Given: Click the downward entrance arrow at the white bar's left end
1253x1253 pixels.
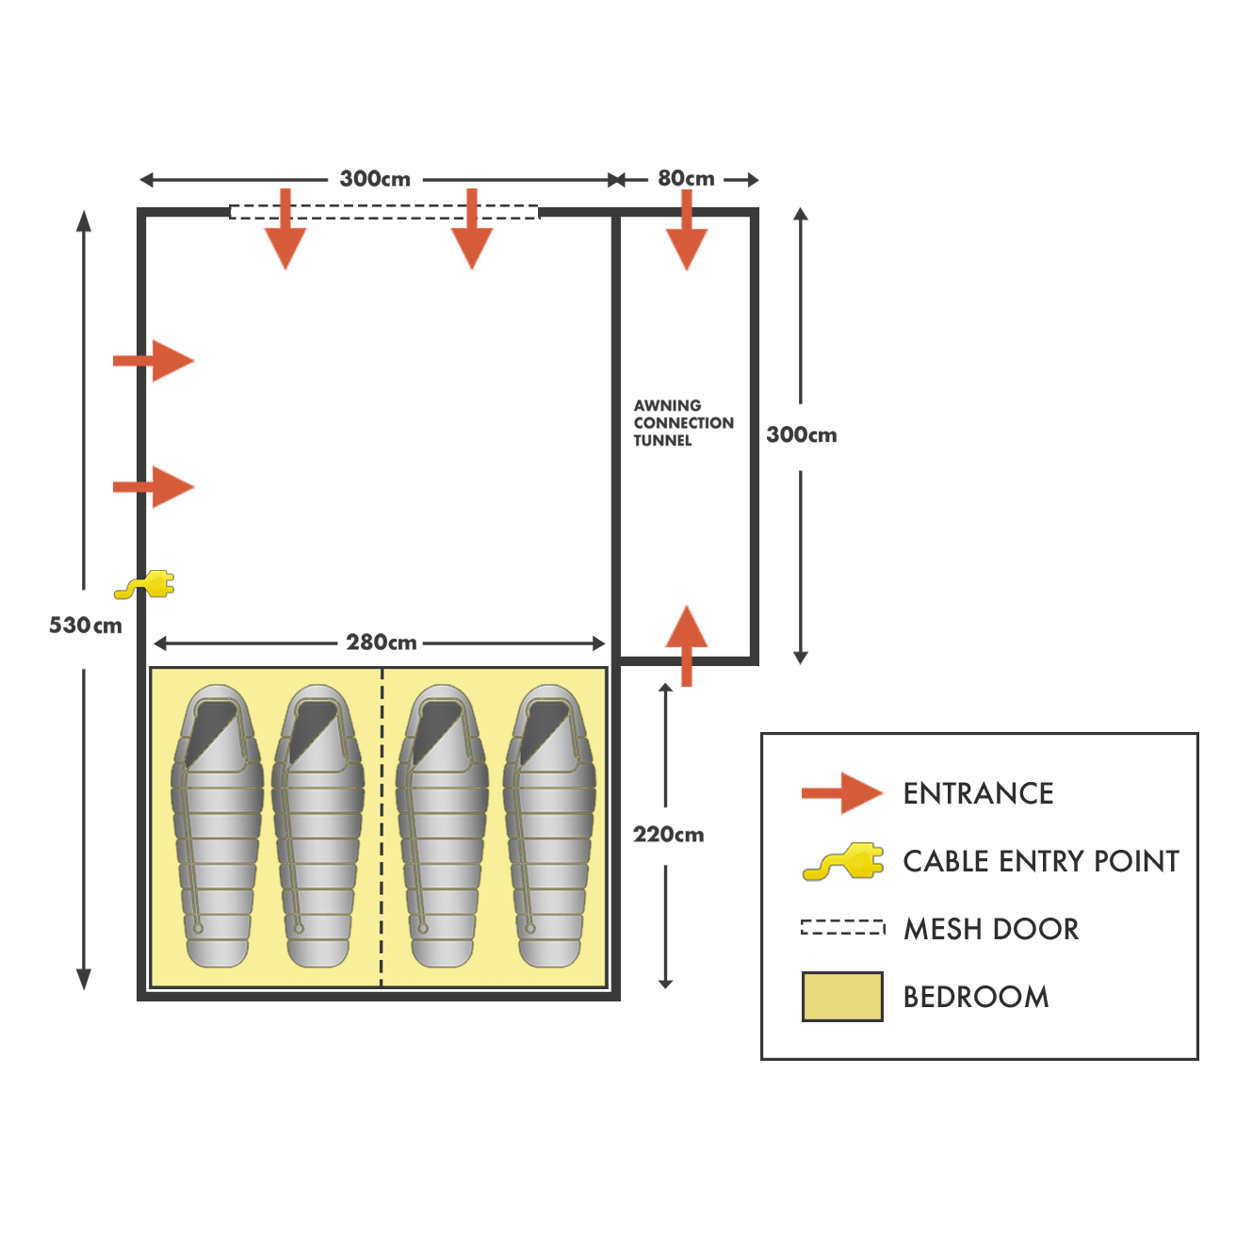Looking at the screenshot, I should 285,231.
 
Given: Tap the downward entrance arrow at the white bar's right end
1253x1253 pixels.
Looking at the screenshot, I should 468,231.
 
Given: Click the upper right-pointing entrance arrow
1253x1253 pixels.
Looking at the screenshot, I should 153,361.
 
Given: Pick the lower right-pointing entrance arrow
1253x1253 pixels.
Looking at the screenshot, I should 153,487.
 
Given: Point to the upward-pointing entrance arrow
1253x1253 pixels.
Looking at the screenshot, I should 692,645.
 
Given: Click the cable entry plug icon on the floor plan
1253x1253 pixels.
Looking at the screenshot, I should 144,585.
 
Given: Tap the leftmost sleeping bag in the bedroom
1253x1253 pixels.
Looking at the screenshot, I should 217,826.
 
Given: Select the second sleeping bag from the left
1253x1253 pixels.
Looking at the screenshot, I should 317,826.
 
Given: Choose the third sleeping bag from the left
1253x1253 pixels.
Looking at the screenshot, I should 442,826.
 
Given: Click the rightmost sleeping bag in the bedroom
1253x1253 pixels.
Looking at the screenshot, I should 549,826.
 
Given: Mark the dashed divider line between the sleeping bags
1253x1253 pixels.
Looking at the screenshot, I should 382,827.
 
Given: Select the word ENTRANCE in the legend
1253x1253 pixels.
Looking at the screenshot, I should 979,794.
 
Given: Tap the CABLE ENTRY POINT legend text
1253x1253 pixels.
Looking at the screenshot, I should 1040,861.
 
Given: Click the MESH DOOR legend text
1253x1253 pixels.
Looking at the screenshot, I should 991,930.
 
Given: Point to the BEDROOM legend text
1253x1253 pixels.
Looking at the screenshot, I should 976,997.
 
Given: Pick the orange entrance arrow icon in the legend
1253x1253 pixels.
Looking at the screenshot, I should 842,793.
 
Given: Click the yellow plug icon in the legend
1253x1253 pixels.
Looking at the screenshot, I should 843,862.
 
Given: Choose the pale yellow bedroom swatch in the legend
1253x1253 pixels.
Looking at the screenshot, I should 842,997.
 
